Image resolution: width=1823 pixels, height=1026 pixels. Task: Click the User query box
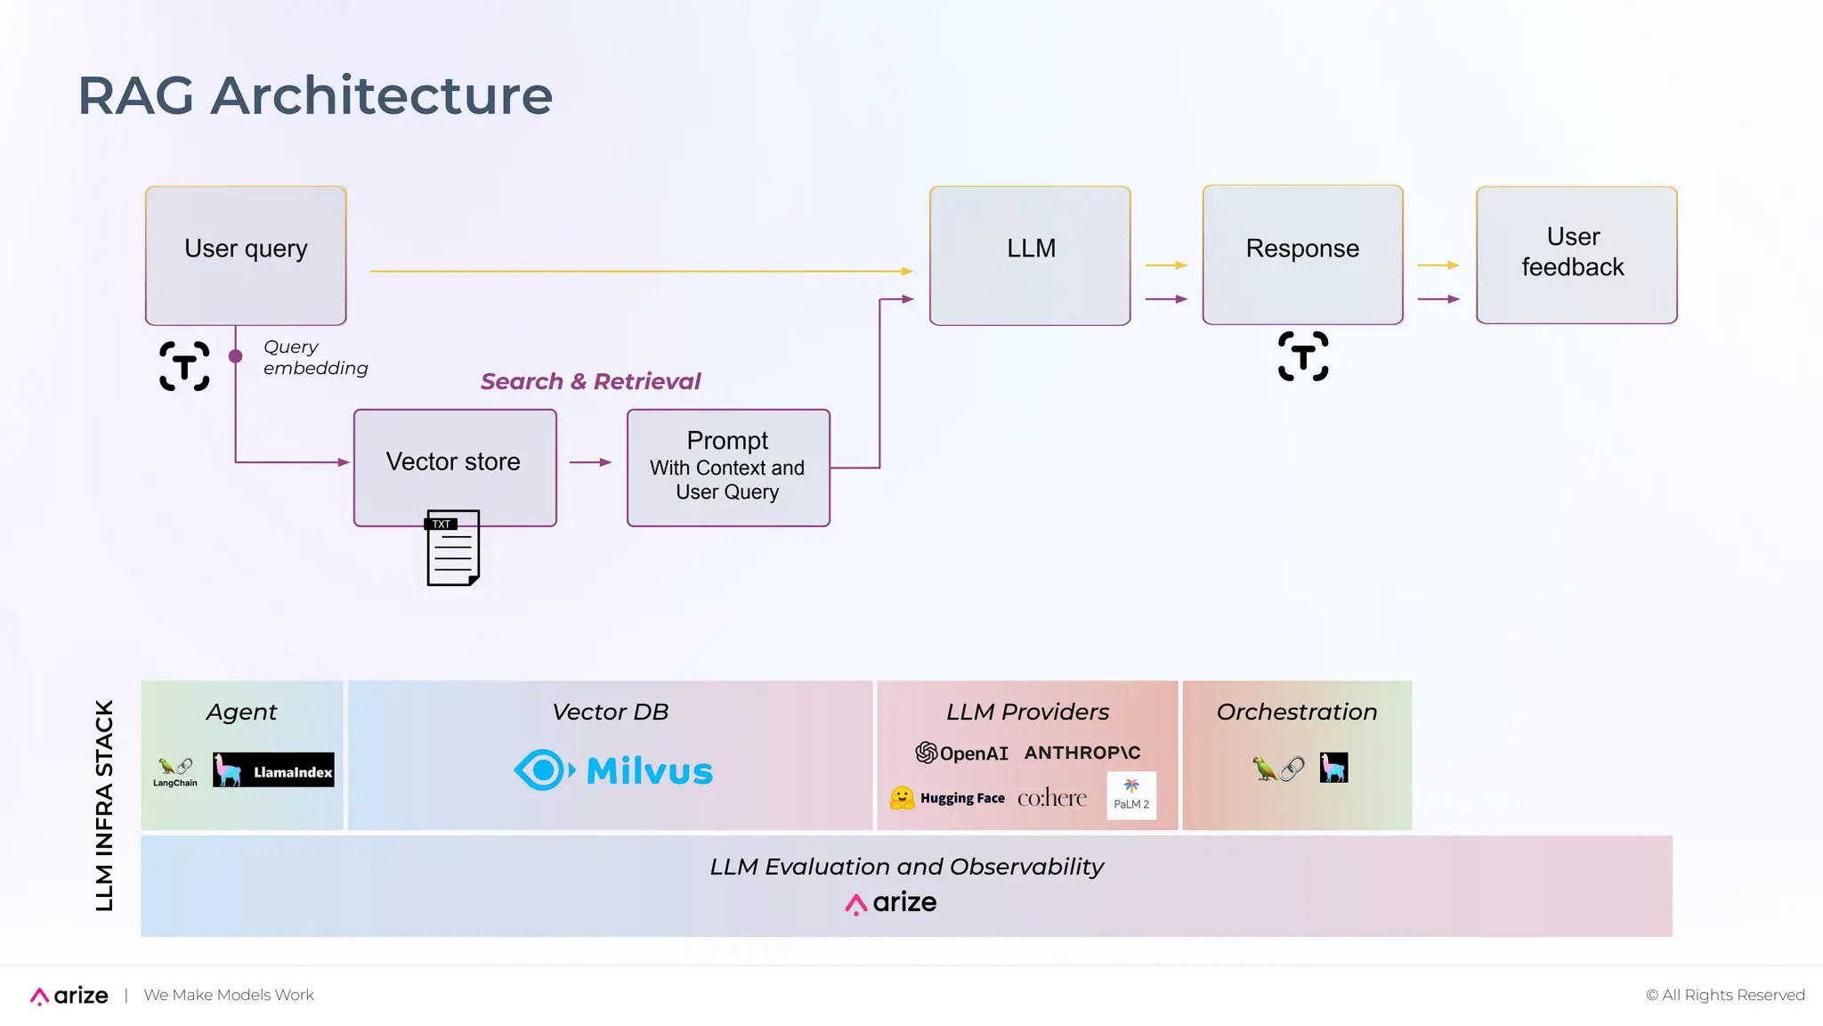click(x=246, y=256)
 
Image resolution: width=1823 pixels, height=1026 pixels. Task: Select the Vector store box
click(x=455, y=467)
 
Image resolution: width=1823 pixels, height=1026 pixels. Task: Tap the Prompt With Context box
click(x=728, y=468)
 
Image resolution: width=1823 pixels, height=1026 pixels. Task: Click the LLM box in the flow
click(x=1030, y=256)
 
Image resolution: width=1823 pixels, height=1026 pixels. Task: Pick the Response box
click(x=1302, y=255)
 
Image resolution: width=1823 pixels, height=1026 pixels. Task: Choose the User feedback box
click(x=1576, y=255)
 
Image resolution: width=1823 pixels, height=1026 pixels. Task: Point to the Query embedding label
click(x=314, y=357)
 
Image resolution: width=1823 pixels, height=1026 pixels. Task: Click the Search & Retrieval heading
click(x=590, y=381)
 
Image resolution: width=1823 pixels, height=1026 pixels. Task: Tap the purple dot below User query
click(x=235, y=356)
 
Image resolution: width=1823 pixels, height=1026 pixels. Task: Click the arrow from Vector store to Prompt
click(x=589, y=462)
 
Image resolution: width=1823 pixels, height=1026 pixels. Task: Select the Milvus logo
click(x=613, y=770)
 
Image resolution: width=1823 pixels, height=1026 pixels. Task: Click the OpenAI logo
click(x=961, y=753)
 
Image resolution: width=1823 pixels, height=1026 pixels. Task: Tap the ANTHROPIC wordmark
click(x=1082, y=753)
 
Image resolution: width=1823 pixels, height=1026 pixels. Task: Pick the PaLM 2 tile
click(x=1131, y=795)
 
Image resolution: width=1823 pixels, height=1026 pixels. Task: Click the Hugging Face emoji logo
click(x=903, y=798)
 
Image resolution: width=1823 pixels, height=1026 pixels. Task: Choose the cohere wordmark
click(x=1051, y=798)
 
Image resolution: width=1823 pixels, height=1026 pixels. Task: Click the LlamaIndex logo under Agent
click(x=273, y=770)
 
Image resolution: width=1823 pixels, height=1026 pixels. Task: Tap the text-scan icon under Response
click(x=1303, y=356)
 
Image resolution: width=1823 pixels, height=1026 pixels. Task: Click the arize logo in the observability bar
click(x=890, y=903)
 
